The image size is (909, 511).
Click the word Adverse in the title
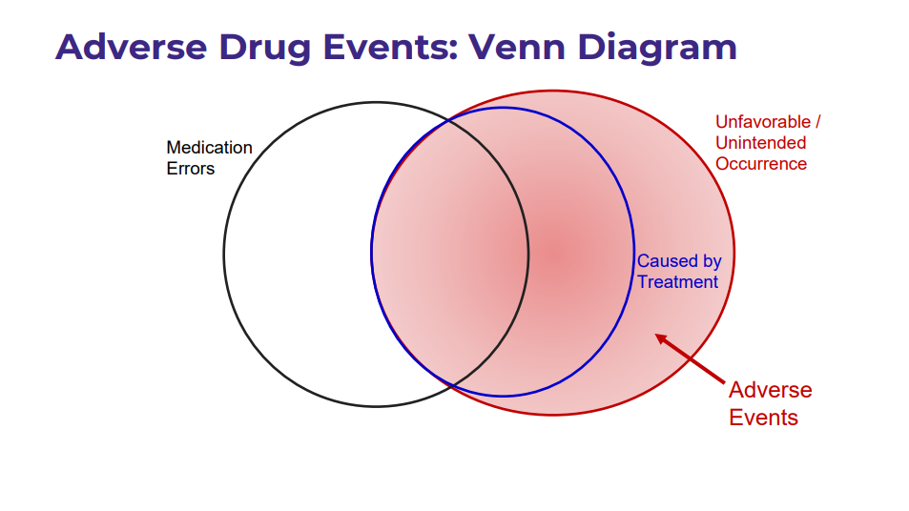[132, 47]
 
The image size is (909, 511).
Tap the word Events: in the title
[390, 47]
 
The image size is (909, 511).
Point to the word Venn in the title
[517, 47]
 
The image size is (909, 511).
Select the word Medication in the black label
[209, 148]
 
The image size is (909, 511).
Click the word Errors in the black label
[191, 169]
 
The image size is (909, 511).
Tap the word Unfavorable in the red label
[763, 122]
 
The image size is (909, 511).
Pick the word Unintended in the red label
[760, 142]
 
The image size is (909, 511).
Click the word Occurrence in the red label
[761, 163]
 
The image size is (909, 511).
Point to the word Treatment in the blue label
[677, 282]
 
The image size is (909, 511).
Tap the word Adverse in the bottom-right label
[771, 390]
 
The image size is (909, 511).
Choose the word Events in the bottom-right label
[763, 418]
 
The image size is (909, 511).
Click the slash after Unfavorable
[818, 122]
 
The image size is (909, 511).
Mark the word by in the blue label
[712, 262]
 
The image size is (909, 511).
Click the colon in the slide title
[453, 51]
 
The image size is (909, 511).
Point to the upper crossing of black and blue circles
[449, 120]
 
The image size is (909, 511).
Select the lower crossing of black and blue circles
[450, 385]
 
